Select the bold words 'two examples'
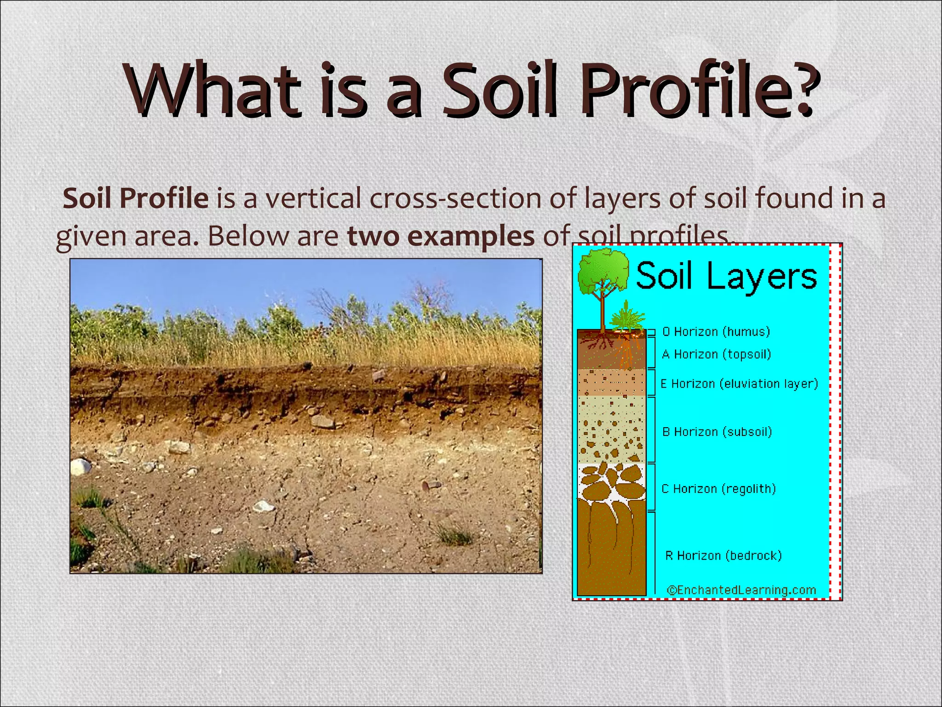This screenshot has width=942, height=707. (441, 236)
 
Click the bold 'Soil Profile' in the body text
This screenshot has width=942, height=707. (136, 198)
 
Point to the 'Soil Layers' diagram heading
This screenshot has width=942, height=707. (726, 276)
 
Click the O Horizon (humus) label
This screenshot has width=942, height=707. (716, 332)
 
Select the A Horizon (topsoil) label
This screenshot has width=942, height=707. (716, 354)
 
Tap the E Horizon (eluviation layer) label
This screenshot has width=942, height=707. (739, 384)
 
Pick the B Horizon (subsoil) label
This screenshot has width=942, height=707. (717, 432)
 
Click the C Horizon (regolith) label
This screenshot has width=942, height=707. (718, 489)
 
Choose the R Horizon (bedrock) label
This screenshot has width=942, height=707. (723, 556)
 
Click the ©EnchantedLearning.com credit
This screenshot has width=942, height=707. (741, 590)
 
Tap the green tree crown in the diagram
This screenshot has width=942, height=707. (603, 272)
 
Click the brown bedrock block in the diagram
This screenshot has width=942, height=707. (611, 552)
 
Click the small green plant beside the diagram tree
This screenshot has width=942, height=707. (626, 318)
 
